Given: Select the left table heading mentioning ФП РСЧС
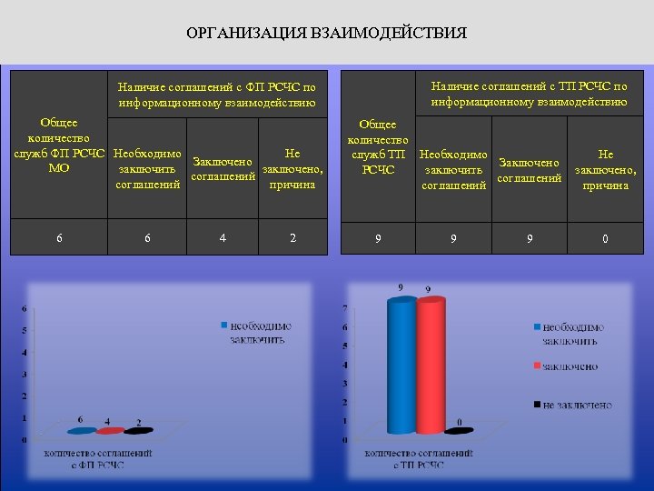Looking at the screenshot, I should tap(217, 95).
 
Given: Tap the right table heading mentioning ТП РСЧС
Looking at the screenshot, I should tap(529, 94).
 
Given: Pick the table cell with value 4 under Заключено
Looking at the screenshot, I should tap(223, 238).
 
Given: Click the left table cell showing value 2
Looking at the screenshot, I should tap(292, 238).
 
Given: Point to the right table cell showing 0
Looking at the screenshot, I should tap(604, 240).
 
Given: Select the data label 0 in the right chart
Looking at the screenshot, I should tap(460, 422).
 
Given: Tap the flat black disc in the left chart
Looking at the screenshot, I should tap(138, 431).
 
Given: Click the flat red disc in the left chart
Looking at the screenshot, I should tap(109, 431).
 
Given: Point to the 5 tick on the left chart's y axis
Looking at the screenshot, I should tap(25, 330).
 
